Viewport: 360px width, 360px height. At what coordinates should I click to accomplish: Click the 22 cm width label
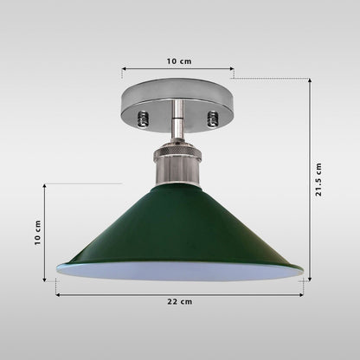180,302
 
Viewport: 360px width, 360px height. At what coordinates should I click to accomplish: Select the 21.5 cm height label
318,179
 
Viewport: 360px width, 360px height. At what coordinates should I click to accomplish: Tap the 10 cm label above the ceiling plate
179,61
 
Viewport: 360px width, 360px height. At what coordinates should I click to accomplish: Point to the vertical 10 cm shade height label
38,233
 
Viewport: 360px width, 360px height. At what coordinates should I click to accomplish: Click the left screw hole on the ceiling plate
143,119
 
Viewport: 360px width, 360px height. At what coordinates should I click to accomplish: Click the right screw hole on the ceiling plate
212,119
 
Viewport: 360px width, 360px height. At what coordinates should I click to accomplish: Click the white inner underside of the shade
180,271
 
